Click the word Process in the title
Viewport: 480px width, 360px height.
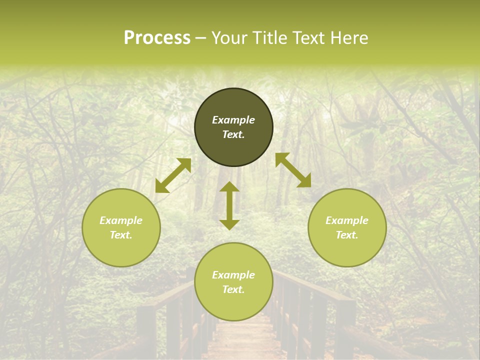[157, 38]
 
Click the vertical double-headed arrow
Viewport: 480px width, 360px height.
[229, 205]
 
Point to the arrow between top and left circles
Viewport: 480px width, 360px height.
[173, 175]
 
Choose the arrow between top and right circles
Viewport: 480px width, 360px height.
[293, 170]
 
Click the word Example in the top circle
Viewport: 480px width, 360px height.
[233, 120]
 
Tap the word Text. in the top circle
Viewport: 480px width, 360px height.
[233, 134]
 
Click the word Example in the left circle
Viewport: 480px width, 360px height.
[121, 220]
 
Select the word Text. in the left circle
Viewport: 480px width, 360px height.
[121, 235]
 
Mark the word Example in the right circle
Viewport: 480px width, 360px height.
[347, 220]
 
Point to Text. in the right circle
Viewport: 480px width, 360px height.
[347, 235]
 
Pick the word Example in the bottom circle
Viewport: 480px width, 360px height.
[233, 275]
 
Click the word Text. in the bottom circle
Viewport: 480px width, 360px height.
[233, 289]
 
